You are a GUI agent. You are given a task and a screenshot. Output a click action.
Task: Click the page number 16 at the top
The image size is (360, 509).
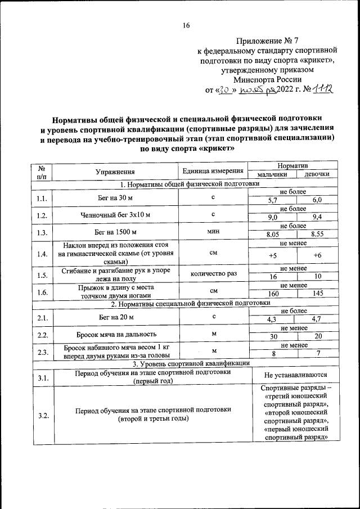pos(186,25)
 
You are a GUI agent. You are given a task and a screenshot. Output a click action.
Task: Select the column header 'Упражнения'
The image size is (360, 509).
pos(115,172)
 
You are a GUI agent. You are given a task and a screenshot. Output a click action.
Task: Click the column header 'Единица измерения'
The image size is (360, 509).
pos(213,171)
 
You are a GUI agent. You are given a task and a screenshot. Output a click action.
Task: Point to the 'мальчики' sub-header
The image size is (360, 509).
pos(272,175)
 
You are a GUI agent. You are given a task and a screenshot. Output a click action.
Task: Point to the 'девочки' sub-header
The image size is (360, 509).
pos(317,175)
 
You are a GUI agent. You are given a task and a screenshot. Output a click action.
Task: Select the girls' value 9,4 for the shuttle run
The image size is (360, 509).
pos(317,217)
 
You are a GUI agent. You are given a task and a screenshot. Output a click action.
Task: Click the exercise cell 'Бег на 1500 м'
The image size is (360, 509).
pos(115,231)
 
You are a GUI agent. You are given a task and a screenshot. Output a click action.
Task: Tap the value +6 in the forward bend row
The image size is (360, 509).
pos(317,256)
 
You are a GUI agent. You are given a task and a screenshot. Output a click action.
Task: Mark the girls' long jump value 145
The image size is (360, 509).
pos(317,294)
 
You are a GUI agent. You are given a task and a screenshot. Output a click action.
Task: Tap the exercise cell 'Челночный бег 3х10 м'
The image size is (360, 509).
pos(115,214)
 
